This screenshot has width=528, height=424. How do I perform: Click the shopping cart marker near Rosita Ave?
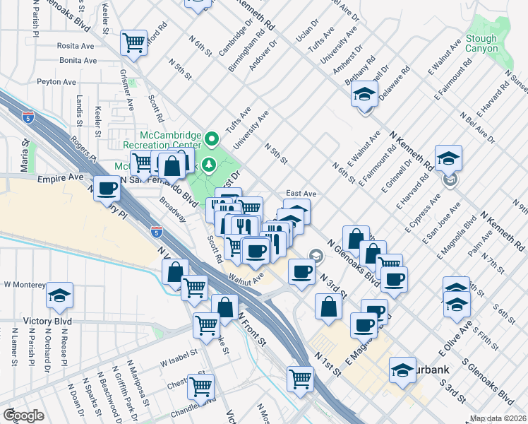tap(133, 43)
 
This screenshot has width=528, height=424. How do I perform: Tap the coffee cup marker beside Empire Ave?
tap(107, 189)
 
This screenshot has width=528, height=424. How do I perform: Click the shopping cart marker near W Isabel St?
tap(207, 325)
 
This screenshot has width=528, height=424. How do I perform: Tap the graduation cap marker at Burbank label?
tap(402, 369)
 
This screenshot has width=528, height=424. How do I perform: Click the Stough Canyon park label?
tap(482, 44)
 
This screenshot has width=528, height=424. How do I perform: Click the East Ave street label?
tap(301, 193)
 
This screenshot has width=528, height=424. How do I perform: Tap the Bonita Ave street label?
tap(78, 61)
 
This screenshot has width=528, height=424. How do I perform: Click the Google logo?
tap(23, 416)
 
